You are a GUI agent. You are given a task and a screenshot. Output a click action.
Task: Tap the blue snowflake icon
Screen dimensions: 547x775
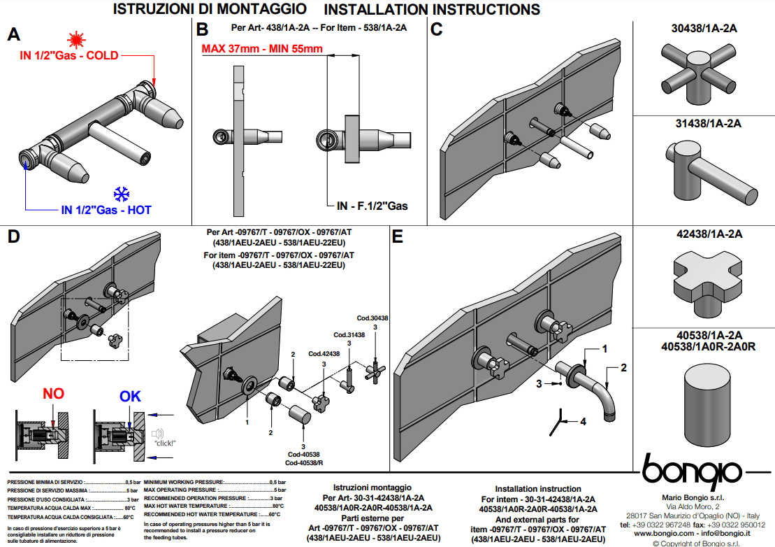tap(123, 194)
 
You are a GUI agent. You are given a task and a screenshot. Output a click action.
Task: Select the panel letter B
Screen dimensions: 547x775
tap(203, 30)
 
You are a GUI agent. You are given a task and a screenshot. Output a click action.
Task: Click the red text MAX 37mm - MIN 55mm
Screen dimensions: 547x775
tap(262, 49)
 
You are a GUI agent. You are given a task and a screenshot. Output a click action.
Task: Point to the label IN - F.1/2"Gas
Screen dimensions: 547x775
tap(372, 206)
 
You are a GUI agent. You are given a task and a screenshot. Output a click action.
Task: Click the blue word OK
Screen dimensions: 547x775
tap(130, 397)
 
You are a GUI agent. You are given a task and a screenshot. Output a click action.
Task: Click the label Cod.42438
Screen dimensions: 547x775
tap(324, 354)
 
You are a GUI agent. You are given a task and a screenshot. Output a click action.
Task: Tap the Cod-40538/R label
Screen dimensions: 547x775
tap(303, 463)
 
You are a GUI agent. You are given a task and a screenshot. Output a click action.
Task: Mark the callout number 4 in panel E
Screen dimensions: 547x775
tap(582, 421)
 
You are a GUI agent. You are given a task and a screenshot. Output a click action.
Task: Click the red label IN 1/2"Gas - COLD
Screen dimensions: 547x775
tap(68, 55)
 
